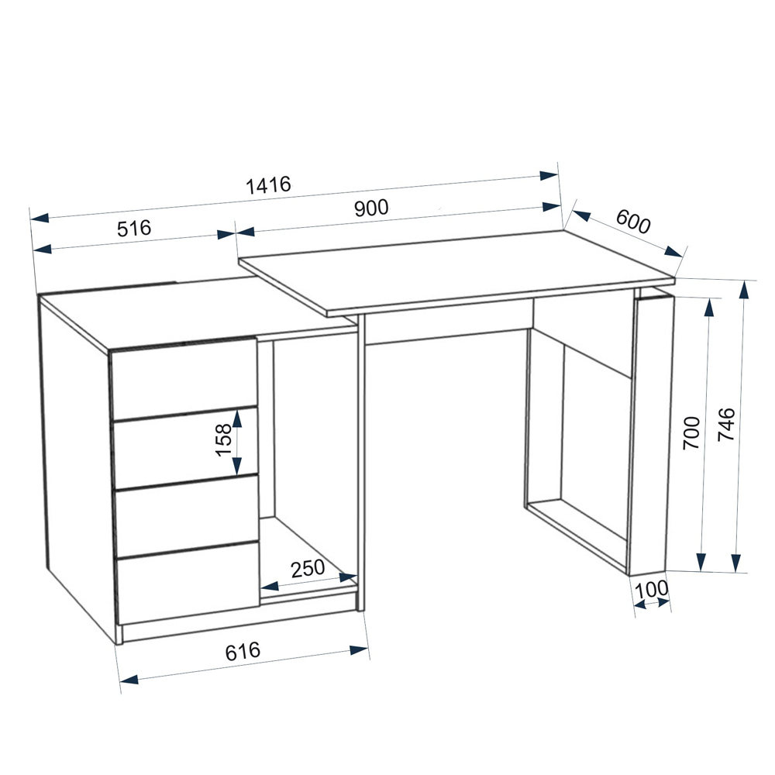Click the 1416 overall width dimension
pos(268,185)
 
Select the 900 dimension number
pos(371,208)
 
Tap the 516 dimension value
pos(134,229)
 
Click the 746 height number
pos(726,424)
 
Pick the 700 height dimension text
pos(691,432)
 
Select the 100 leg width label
pos(651,589)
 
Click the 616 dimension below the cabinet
pos(242,652)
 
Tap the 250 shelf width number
pos(308,568)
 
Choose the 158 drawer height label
pos(223,440)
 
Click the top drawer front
pos(184,378)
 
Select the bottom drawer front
pos(188,582)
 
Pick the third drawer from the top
pos(187,515)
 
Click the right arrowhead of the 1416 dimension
pos(549,175)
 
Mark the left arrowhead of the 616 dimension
pos(129,680)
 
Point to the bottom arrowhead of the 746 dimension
pos(736,563)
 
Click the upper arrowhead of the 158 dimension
pos(237,419)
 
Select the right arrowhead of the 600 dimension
pos(674,252)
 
